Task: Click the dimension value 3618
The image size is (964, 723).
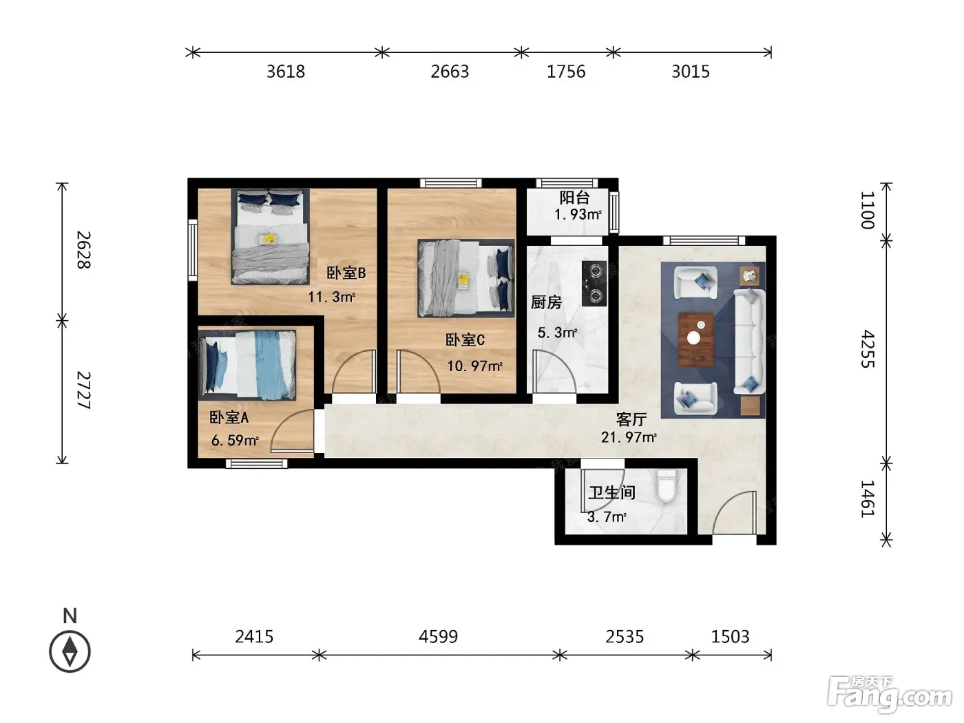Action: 286,72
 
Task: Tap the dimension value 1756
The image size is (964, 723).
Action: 566,72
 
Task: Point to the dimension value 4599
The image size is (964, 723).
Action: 438,636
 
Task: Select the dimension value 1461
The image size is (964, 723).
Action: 868,499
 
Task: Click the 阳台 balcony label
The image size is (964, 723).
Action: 574,198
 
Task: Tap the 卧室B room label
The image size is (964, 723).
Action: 346,273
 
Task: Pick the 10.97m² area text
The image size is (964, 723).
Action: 474,366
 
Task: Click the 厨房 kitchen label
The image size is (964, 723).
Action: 546,302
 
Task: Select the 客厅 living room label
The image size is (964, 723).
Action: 631,419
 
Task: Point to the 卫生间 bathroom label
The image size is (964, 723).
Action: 611,492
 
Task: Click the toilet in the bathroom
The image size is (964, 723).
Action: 666,485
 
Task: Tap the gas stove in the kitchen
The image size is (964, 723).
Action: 594,284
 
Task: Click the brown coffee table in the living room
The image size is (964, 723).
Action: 696,339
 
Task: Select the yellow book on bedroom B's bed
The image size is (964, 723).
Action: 267,239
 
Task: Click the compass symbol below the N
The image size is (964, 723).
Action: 70,651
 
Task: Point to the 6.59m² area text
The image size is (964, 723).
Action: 235,440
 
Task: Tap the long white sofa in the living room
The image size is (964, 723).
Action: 749,341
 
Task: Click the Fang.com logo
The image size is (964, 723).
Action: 890,695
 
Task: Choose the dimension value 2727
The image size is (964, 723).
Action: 84,390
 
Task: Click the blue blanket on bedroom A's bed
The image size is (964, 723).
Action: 272,365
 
